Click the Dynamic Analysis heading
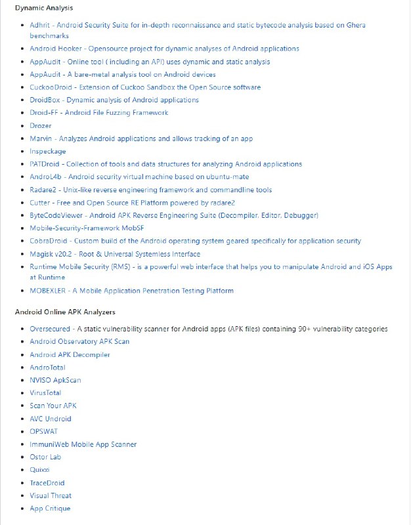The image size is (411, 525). [44, 8]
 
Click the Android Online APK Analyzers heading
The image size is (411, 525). [65, 312]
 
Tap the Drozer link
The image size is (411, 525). [41, 125]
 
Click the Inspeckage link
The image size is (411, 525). [48, 152]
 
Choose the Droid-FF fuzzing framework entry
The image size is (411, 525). [98, 113]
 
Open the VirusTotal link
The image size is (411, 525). [45, 393]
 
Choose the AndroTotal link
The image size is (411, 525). [47, 367]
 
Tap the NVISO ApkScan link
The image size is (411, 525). [55, 380]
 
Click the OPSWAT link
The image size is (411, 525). [45, 431]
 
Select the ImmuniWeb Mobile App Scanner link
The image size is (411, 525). [83, 444]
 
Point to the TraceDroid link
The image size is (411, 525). [48, 483]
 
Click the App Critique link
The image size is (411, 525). [50, 509]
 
